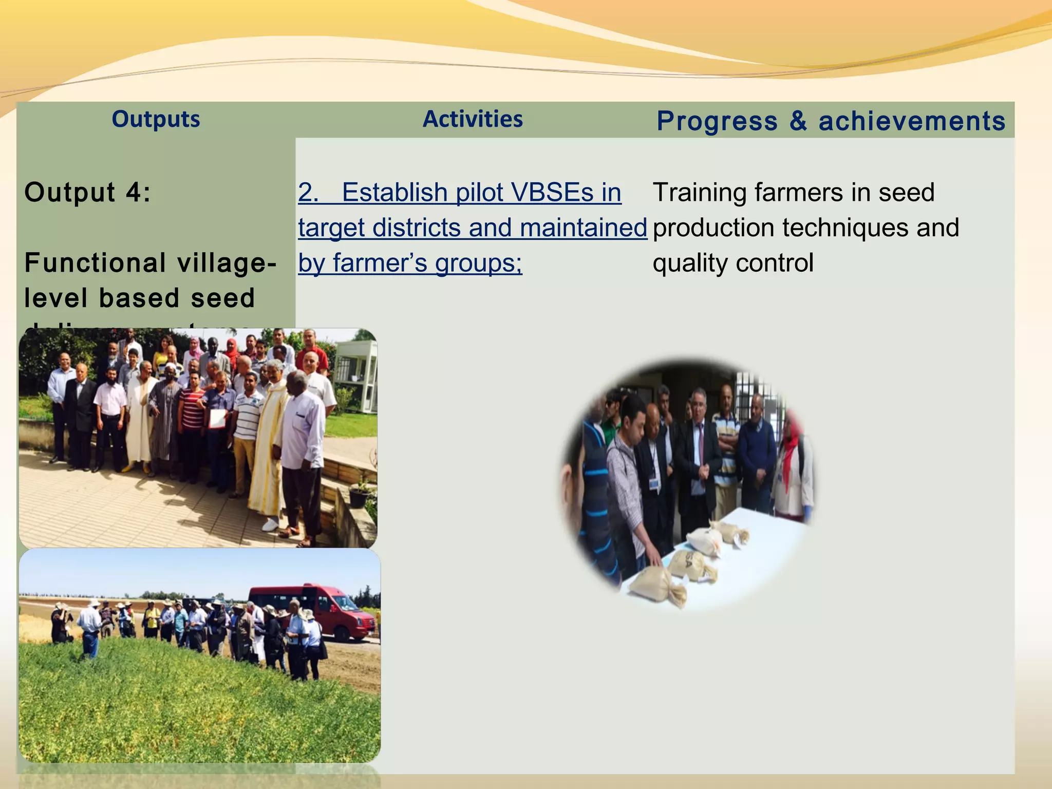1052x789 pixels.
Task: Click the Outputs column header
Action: point(156,119)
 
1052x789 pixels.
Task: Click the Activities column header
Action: point(473,119)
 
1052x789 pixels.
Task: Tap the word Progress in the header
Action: point(717,121)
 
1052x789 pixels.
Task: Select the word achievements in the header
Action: point(912,121)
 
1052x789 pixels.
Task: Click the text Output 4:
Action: point(88,193)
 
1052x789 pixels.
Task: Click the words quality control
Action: point(733,263)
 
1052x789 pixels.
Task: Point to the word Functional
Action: point(96,263)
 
